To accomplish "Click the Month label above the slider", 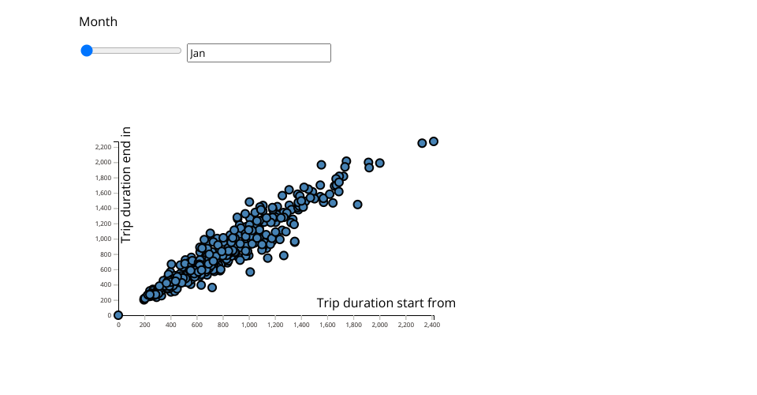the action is tap(98, 22).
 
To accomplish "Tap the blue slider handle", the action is tap(87, 51).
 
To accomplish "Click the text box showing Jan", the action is tap(259, 53).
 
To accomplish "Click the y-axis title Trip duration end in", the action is tap(126, 185).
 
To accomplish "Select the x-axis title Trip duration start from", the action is tap(386, 303).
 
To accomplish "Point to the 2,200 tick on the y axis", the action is tap(103, 147).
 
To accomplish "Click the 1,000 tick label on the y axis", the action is tap(103, 239).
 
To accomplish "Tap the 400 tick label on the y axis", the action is tap(106, 284).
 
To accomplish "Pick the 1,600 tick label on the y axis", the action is tap(103, 193).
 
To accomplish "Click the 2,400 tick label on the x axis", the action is tap(432, 325).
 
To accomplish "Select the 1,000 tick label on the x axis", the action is tap(249, 325).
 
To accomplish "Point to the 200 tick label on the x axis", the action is tap(145, 325).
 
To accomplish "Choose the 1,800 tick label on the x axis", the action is tap(353, 325).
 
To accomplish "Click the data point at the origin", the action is tap(118, 315).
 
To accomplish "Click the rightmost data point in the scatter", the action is tap(434, 141).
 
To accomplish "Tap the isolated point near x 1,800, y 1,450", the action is tap(357, 205).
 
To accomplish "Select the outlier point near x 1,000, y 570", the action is tap(250, 273).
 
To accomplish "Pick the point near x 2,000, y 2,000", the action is tap(380, 163).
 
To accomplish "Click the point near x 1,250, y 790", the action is tap(284, 255).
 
